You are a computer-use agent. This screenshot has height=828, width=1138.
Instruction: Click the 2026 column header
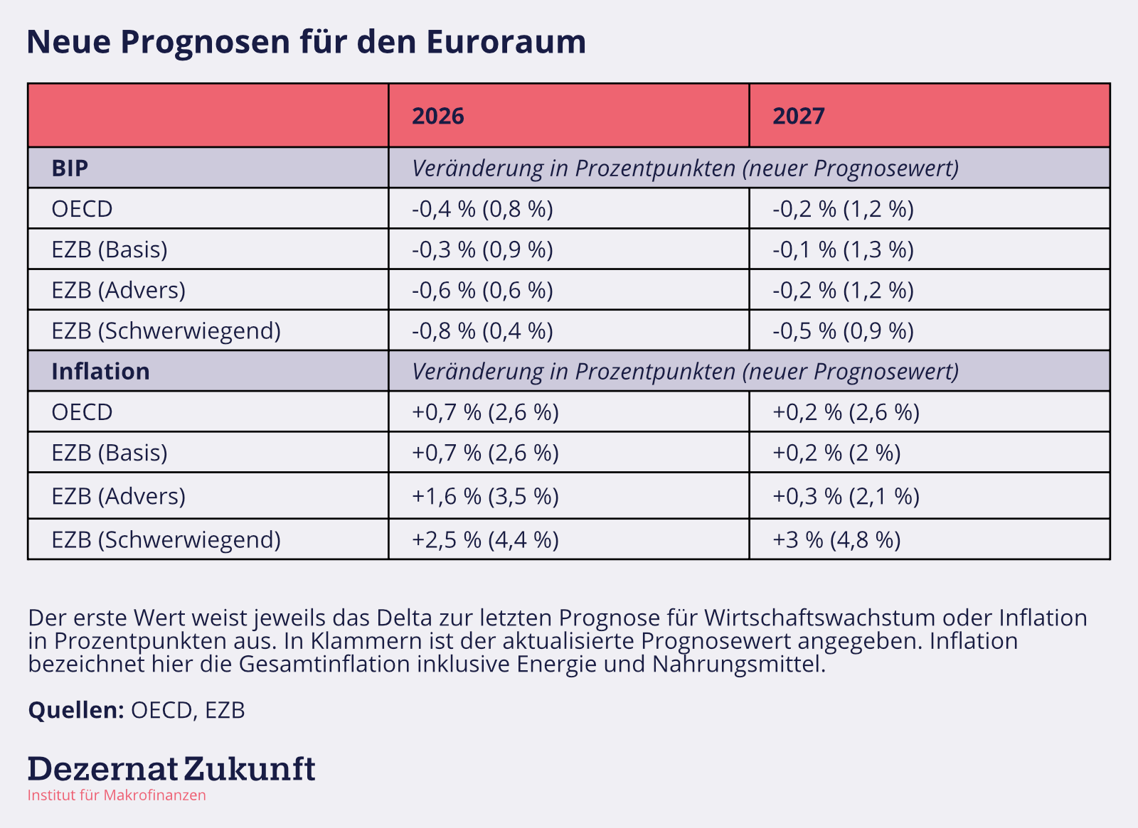tap(438, 116)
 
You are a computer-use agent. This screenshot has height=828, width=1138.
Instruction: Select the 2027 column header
tap(799, 116)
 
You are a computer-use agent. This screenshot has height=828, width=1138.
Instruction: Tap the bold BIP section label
tap(70, 168)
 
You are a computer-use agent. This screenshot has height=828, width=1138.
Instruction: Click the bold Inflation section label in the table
tap(100, 372)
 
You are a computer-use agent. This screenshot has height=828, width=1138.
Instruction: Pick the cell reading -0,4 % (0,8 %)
tap(482, 209)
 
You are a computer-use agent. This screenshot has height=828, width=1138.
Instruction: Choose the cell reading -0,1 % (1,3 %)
tap(843, 249)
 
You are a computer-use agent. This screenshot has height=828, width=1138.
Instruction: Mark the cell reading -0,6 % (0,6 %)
tap(482, 290)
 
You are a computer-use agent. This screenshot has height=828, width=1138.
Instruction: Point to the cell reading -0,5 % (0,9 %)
tap(843, 330)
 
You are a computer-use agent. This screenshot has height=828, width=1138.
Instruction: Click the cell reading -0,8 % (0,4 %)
tap(482, 330)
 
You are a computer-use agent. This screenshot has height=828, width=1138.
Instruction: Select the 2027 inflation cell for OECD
tap(846, 412)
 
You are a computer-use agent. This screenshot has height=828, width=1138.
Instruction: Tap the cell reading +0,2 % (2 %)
tap(836, 453)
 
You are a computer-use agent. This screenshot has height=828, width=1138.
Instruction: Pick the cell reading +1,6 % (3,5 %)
tap(485, 496)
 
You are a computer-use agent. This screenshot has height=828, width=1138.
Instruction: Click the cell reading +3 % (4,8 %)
tap(836, 539)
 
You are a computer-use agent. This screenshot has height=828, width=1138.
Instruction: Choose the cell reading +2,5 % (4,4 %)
tap(485, 539)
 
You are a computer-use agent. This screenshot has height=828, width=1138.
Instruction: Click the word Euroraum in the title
tap(506, 41)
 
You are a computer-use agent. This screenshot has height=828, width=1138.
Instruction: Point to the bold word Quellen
tap(76, 710)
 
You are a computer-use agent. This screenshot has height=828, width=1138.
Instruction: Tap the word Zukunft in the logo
tap(250, 769)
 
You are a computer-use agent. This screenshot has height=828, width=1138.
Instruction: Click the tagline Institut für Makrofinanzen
tap(117, 795)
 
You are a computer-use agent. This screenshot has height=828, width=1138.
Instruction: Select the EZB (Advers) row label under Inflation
tap(118, 496)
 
